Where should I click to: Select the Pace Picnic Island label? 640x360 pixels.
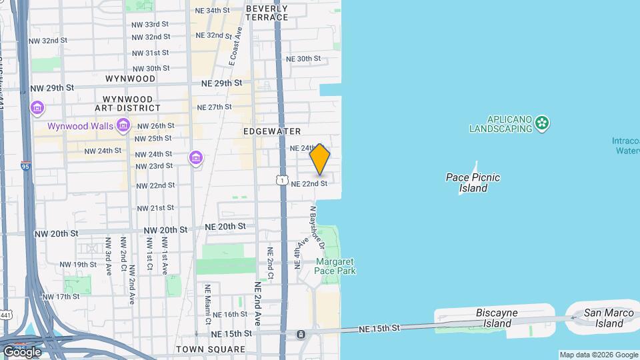point(473,183)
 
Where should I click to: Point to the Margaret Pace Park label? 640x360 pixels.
point(335,266)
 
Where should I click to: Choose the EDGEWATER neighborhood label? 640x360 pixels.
point(272,131)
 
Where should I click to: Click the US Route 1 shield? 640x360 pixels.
point(281,181)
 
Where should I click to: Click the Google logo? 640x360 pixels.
point(22,351)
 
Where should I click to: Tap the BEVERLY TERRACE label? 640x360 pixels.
point(267,13)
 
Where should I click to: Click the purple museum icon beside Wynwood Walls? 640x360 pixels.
point(123,125)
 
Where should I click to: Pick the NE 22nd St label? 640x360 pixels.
point(309,183)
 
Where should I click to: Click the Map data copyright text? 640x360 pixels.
point(598,355)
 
